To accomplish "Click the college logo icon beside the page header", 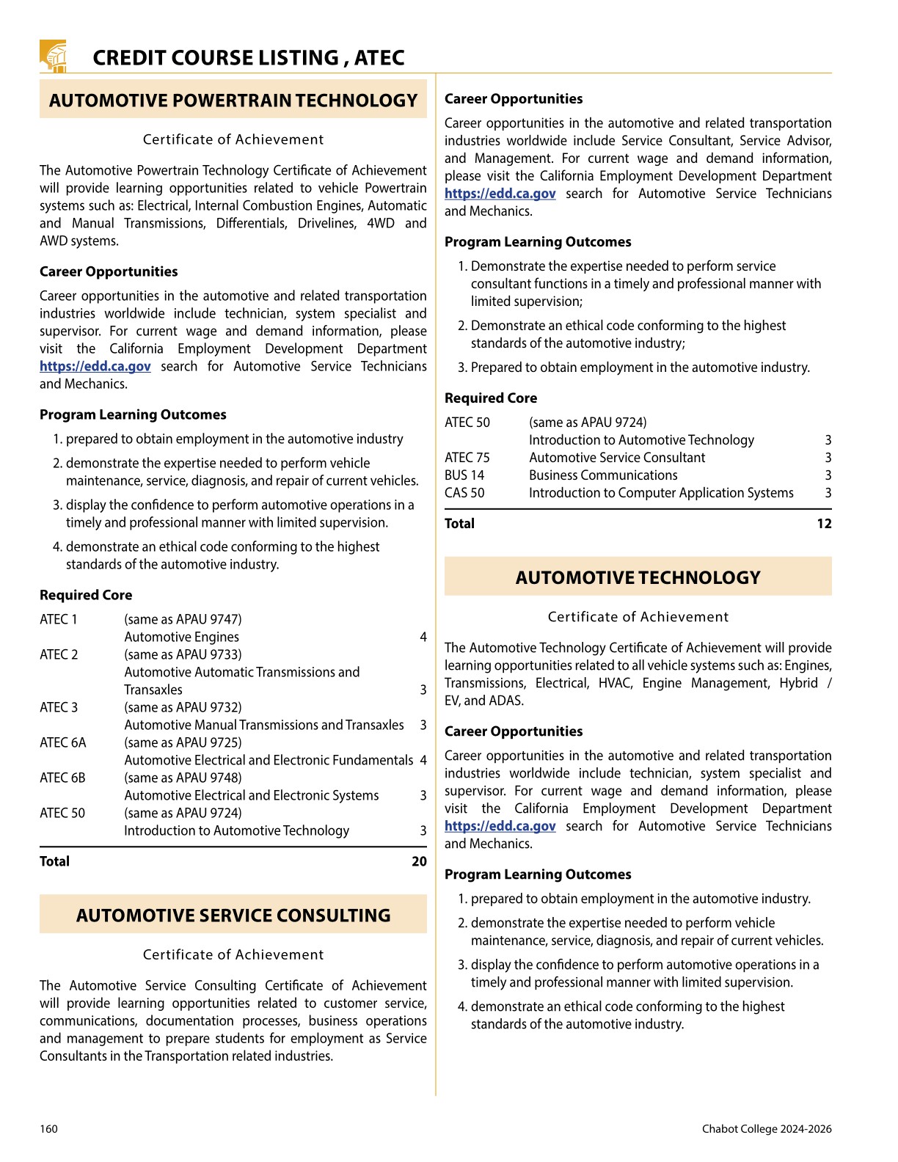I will [53, 56].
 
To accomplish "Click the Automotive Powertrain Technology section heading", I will [233, 101].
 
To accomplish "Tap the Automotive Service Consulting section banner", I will [233, 916].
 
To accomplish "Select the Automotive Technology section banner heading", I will [638, 578].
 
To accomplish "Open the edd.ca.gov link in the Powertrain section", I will [95, 366].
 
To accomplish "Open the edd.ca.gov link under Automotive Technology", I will [500, 826].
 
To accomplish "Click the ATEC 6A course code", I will [63, 742].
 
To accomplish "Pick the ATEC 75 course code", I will [467, 458].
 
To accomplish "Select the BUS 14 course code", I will [464, 475].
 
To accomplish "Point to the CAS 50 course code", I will [464, 493].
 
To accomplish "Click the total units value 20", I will [419, 861].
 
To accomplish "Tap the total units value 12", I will [824, 524].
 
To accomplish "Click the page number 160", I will [48, 1129].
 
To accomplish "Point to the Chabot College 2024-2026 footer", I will [767, 1129].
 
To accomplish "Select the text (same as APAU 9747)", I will [183, 619].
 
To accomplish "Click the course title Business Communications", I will [603, 475].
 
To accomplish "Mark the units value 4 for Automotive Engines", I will [423, 637].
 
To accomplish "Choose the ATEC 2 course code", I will [59, 654].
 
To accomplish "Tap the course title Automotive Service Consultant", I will [617, 458].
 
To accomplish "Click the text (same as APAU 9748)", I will [183, 778].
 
